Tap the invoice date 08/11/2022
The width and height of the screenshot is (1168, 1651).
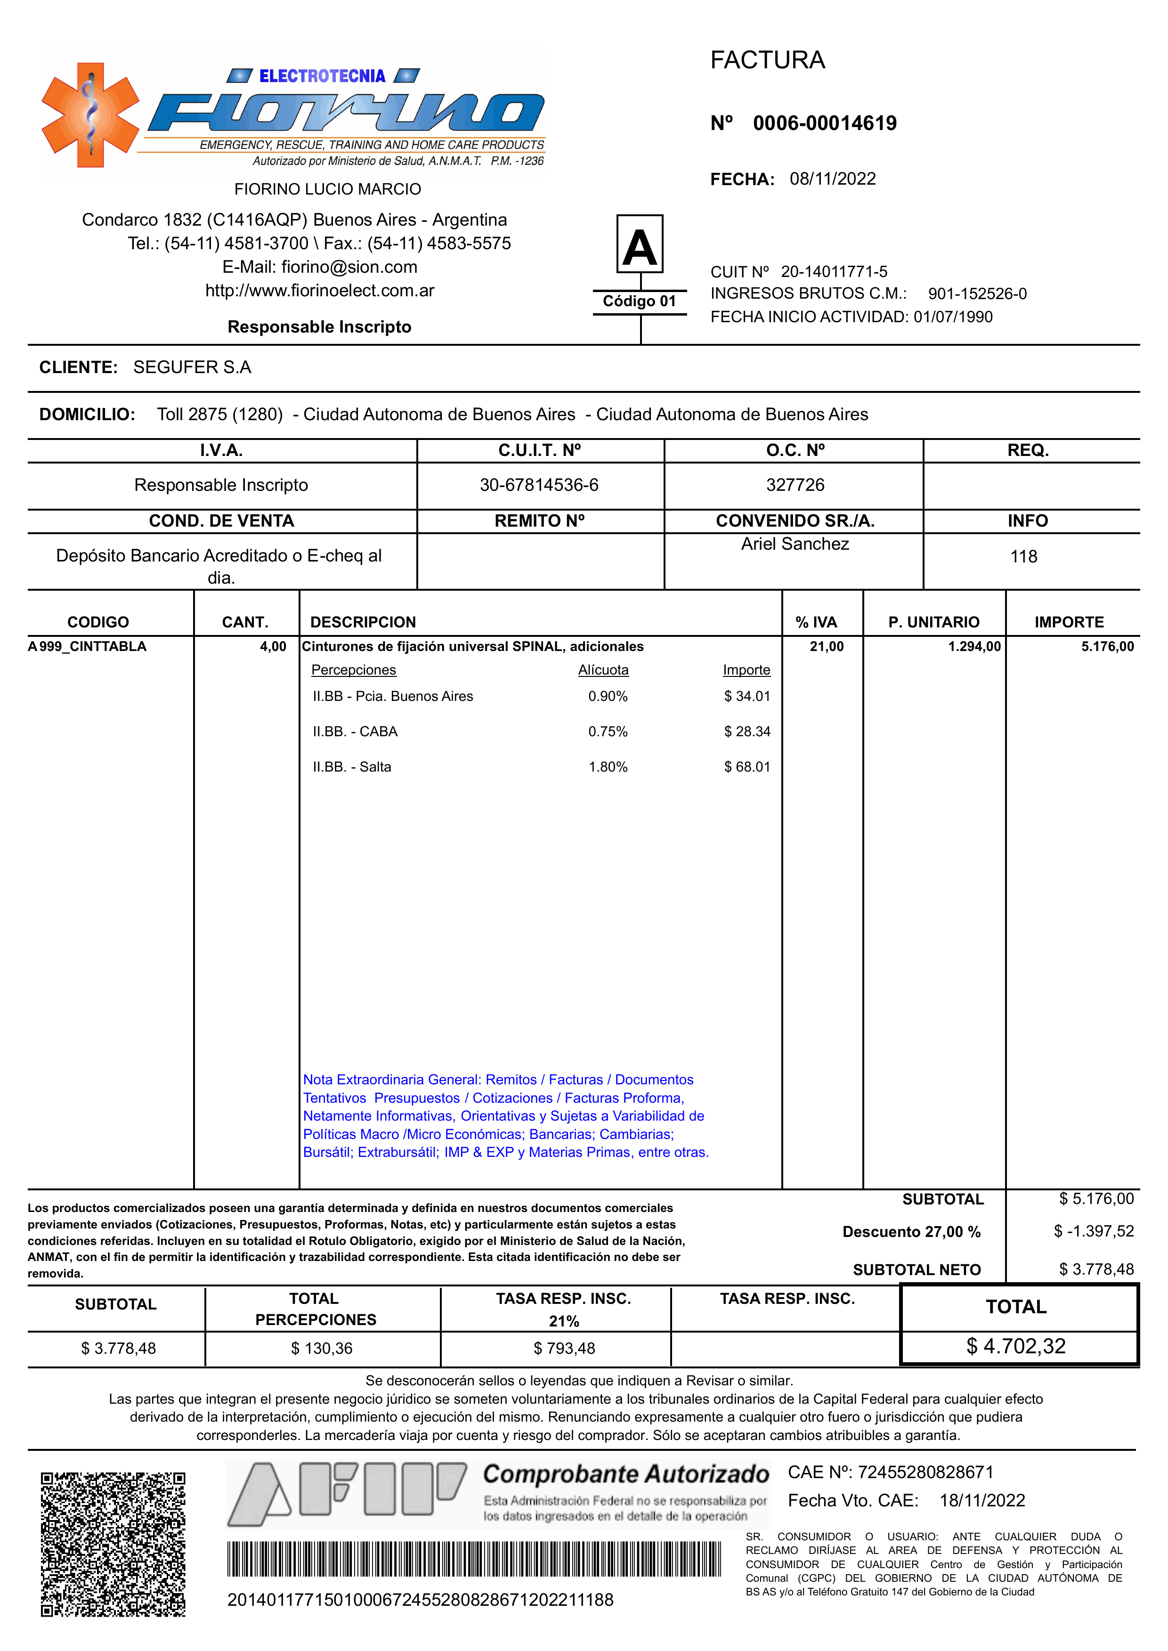[832, 179]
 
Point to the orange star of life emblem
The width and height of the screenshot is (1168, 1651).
[90, 115]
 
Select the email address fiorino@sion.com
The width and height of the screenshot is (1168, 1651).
[349, 267]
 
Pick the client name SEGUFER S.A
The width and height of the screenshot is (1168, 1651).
[192, 367]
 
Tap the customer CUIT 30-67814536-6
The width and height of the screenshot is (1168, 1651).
[539, 485]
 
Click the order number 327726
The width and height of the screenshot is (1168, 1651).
[795, 485]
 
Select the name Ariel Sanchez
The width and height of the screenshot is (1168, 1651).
[795, 544]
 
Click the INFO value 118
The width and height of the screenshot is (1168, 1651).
[1023, 556]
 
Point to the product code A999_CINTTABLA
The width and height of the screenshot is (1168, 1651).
[87, 646]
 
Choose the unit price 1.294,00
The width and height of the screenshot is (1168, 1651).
[974, 646]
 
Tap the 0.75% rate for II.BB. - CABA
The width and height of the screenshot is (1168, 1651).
[608, 732]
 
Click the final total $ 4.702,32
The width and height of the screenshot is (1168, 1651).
[1015, 1346]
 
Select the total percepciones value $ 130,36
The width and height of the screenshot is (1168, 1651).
[322, 1348]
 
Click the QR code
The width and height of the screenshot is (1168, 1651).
[113, 1544]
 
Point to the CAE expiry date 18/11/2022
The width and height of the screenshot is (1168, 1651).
[981, 1501]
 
